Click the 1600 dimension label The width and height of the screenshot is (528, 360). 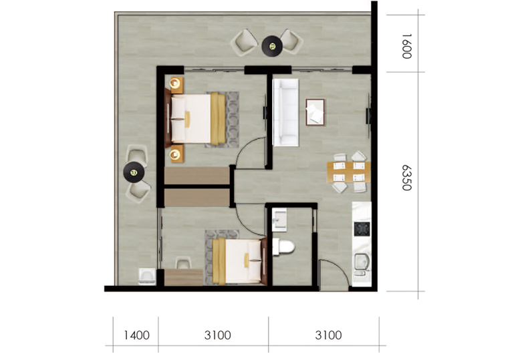[x=407, y=46]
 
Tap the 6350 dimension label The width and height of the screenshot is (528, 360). [x=407, y=178]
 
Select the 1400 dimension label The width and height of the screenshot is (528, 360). [x=137, y=335]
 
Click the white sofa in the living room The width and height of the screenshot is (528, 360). [x=285, y=112]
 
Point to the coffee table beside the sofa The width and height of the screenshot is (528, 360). [x=315, y=112]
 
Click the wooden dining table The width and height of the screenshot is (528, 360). [x=348, y=172]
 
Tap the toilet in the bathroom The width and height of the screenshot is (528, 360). [x=283, y=247]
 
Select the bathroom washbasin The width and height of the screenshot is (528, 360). [x=279, y=220]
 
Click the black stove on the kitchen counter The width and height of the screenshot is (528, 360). [x=362, y=229]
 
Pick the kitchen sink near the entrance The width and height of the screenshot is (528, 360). [x=362, y=264]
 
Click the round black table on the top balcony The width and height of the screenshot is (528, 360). [x=272, y=46]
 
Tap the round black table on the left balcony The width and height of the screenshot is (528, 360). [x=134, y=172]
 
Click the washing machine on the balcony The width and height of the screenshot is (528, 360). [x=147, y=277]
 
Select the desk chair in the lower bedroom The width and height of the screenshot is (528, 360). [x=184, y=262]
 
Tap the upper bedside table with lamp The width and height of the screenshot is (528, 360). [x=176, y=85]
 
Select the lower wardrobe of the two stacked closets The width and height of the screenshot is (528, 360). [x=197, y=198]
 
